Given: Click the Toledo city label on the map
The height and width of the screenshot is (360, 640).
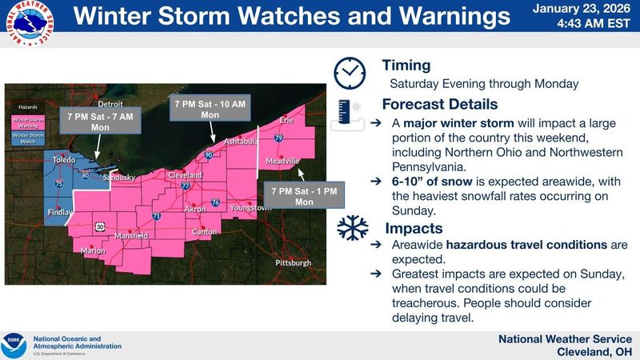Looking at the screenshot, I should [63, 159].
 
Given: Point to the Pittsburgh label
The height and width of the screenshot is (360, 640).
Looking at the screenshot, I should [293, 262].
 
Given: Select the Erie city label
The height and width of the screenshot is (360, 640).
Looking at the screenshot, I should [286, 120].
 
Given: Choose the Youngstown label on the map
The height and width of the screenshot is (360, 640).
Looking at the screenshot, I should [250, 207].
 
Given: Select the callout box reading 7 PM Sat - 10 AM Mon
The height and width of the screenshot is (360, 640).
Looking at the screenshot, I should [210, 110].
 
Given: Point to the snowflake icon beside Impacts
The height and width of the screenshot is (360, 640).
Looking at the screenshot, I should [351, 228].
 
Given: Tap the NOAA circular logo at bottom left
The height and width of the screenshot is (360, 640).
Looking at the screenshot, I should [14, 346].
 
